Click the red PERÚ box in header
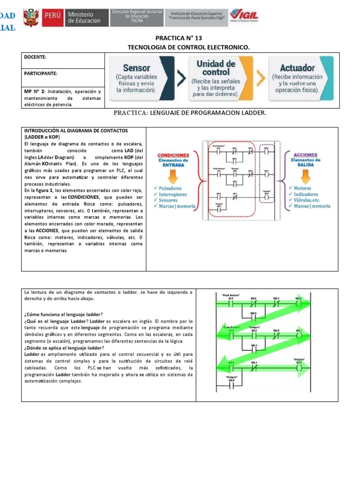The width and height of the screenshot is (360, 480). coord(53,17)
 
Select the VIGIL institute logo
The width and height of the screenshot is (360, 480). coord(244,16)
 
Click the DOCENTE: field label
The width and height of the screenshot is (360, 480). coord(35,57)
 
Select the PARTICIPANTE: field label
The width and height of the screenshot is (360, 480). coord(41,74)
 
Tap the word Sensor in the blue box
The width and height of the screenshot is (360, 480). coord(136,67)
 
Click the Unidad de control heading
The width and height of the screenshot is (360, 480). coord(216,68)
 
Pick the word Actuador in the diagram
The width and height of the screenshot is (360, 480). coord(297,68)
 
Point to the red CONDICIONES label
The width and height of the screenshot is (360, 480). coord(173,155)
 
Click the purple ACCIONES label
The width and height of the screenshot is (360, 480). coord(305,155)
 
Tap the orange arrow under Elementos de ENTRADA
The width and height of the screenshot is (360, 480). coord(173,176)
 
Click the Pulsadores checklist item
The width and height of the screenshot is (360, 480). coord(170,188)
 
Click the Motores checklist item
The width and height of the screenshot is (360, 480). coord(302,188)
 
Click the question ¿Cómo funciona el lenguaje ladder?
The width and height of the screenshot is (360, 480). coord(63,314)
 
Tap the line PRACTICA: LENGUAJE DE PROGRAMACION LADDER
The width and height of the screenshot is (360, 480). coord(190,113)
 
